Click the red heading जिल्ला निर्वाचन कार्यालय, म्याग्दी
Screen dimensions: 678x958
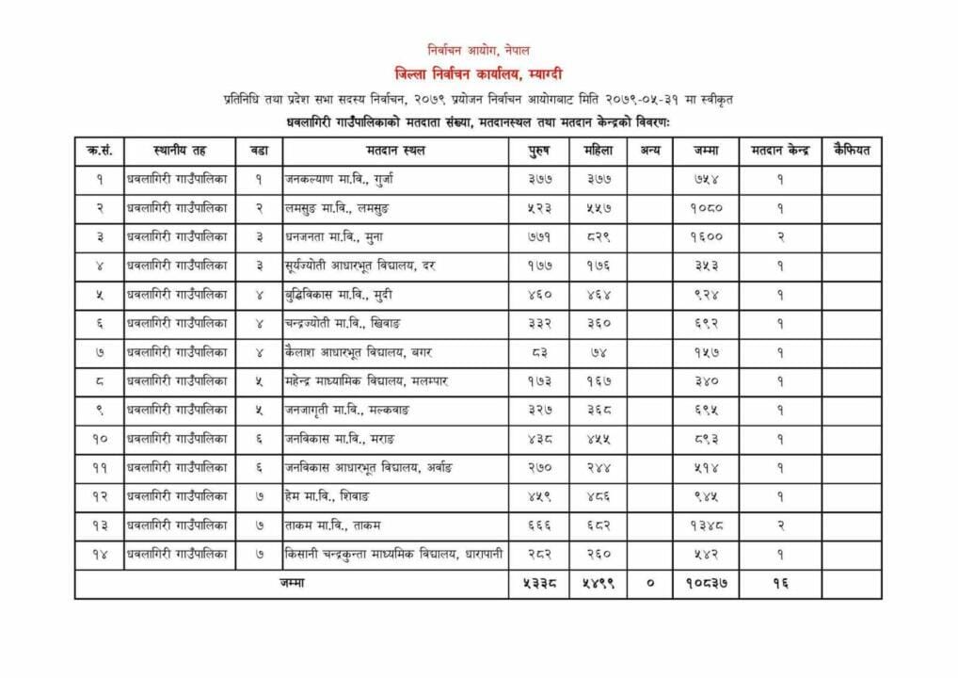click(x=479, y=73)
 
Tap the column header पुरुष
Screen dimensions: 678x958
click(x=538, y=151)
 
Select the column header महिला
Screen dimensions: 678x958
click(x=598, y=151)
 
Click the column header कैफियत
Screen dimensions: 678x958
click(x=852, y=151)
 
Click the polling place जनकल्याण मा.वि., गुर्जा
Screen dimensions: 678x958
click(x=341, y=180)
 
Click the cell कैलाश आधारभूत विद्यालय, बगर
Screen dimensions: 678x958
click(x=359, y=352)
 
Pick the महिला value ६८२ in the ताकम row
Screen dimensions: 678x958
click(x=598, y=525)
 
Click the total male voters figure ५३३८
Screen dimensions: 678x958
click(x=538, y=584)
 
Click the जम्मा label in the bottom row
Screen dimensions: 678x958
click(x=292, y=584)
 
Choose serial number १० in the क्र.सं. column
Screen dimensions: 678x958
click(x=99, y=439)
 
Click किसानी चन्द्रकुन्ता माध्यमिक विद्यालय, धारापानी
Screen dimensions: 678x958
click(x=394, y=554)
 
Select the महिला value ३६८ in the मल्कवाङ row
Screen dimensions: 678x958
click(x=598, y=411)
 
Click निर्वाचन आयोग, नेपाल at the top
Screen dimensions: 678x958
click(x=479, y=50)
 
